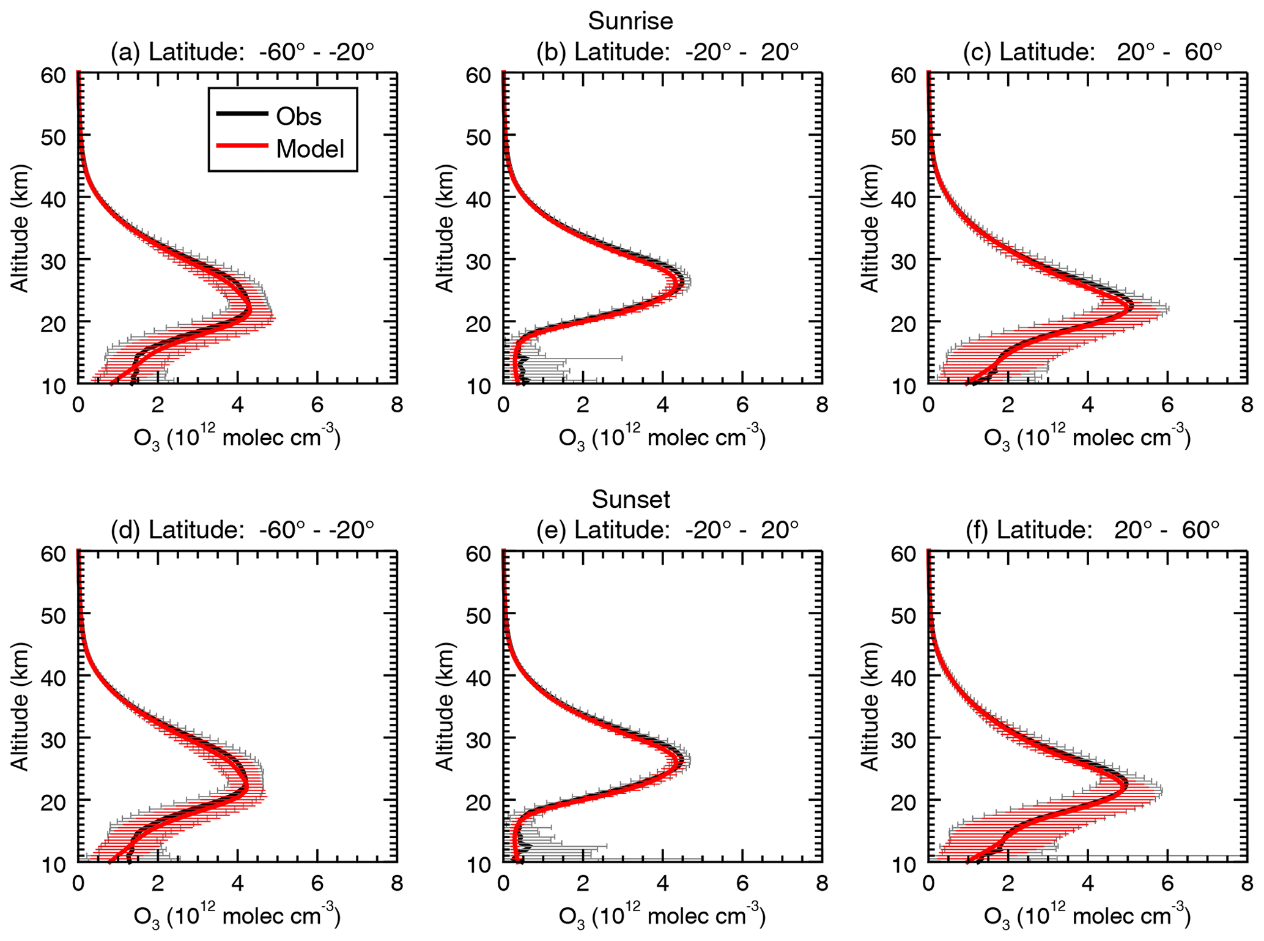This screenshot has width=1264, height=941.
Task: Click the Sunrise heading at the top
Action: (x=630, y=21)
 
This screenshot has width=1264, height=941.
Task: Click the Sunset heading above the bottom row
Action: (x=630, y=499)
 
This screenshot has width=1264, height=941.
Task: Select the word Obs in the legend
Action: (x=298, y=116)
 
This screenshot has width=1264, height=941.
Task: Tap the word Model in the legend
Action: (x=310, y=149)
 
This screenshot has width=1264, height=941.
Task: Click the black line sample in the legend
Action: (x=242, y=114)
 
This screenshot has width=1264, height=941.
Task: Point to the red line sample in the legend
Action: (x=242, y=146)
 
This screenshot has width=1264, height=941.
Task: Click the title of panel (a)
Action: (x=242, y=52)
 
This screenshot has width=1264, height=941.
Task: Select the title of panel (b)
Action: (x=667, y=52)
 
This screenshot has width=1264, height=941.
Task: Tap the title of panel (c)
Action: (x=1092, y=52)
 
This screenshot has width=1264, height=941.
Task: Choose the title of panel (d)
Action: (x=242, y=529)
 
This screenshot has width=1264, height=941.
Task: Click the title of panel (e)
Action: (x=667, y=529)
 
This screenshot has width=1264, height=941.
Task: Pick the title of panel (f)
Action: (x=1092, y=529)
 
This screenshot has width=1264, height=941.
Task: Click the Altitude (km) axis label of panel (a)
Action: (x=20, y=228)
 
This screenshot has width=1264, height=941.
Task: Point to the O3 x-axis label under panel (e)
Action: (x=662, y=917)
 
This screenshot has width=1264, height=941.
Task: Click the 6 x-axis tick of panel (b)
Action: (x=742, y=404)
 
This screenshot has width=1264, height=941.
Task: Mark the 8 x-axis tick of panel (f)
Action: (x=1246, y=883)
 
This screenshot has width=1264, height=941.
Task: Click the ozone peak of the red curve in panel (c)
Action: (x=1131, y=308)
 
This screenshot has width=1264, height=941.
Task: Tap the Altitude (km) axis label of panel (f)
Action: (x=870, y=706)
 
